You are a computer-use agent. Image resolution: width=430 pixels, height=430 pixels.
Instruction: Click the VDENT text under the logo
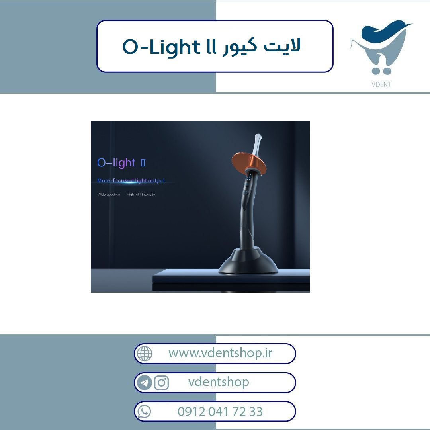pyautogui.click(x=381, y=84)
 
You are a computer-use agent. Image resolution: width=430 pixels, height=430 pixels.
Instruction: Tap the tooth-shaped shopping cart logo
pyautogui.click(x=381, y=47)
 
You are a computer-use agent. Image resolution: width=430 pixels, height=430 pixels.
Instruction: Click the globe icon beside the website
pyautogui.click(x=145, y=354)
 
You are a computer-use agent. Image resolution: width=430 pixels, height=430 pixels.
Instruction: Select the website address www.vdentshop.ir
pyautogui.click(x=220, y=353)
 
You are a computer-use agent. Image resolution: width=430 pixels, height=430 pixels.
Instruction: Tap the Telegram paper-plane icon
pyautogui.click(x=144, y=383)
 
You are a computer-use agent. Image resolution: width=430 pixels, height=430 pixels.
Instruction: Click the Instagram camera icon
pyautogui.click(x=161, y=383)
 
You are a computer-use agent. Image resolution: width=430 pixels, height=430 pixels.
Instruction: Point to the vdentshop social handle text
pyautogui.click(x=219, y=382)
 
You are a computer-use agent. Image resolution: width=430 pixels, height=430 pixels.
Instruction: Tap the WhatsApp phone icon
pyautogui.click(x=144, y=412)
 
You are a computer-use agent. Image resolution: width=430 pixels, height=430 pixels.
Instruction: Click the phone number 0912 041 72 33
pyautogui.click(x=220, y=412)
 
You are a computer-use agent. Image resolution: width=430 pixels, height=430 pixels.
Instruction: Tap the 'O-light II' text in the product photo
pyautogui.click(x=121, y=163)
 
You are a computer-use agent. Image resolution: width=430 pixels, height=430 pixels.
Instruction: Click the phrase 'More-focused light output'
pyautogui.click(x=131, y=180)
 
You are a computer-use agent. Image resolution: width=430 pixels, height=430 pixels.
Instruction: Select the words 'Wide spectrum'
pyautogui.click(x=109, y=194)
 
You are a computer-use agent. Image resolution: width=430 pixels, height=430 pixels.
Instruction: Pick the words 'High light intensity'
pyautogui.click(x=141, y=194)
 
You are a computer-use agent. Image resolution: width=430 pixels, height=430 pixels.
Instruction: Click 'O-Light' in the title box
pyautogui.click(x=161, y=47)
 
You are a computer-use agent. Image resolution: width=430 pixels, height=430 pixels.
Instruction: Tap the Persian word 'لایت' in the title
pyautogui.click(x=282, y=45)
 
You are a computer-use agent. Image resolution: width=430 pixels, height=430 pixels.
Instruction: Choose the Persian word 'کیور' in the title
pyautogui.click(x=240, y=47)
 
